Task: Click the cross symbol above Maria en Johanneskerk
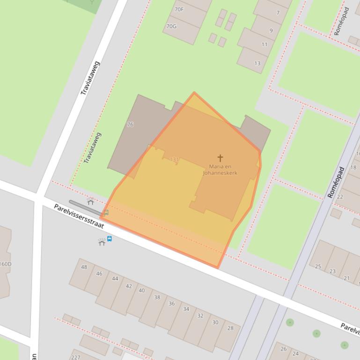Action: pyautogui.click(x=220, y=158)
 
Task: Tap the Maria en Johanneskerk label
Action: pyautogui.click(x=220, y=170)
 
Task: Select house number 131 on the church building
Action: pyautogui.click(x=174, y=159)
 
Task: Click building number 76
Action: pyautogui.click(x=130, y=125)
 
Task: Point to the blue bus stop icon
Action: pyautogui.click(x=110, y=238)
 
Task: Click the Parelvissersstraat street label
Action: pyautogui.click(x=79, y=216)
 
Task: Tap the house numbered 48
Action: pyautogui.click(x=84, y=267)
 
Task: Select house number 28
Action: pyautogui.click(x=230, y=328)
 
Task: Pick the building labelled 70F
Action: pyautogui.click(x=179, y=9)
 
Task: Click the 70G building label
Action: pyautogui.click(x=171, y=26)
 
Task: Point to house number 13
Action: pyautogui.click(x=257, y=63)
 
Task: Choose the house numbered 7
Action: pyautogui.click(x=278, y=13)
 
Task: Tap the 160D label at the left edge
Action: pyautogui.click(x=6, y=264)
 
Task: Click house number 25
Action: pyautogui.click(x=318, y=266)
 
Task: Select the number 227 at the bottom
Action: pyautogui.click(x=75, y=357)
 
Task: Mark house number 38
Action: pyautogui.click(x=157, y=297)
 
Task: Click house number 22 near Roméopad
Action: pyautogui.click(x=340, y=197)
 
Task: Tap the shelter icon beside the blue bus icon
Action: pyautogui.click(x=102, y=241)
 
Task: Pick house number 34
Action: pyautogui.click(x=186, y=309)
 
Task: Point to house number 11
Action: pyautogui.click(x=264, y=44)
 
